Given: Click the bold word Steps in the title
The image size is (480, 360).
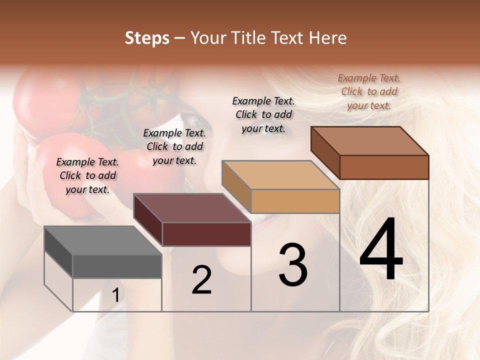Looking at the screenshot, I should (147, 38).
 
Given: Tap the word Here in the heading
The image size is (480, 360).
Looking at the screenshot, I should (327, 38).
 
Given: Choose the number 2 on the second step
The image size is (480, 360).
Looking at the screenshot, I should (201, 280).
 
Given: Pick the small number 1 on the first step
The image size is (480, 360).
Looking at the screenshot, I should (115, 295).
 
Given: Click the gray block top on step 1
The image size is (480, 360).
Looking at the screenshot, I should (102, 240).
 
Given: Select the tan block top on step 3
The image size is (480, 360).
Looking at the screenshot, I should (280, 175).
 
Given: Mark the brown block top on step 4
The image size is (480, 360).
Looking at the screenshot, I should (369, 141).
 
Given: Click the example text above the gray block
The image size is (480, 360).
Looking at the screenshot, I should (87, 175).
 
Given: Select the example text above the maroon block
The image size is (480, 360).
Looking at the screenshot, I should (174, 146).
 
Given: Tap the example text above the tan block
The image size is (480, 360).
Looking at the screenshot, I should (263, 114).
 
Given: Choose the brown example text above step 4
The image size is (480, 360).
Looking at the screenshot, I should (369, 91).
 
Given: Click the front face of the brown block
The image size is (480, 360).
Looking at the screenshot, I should (384, 167).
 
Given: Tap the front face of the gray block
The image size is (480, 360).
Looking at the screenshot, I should (117, 266).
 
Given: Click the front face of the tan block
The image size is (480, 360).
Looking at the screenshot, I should (295, 201).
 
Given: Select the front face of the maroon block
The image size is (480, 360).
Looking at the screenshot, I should (206, 234).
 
